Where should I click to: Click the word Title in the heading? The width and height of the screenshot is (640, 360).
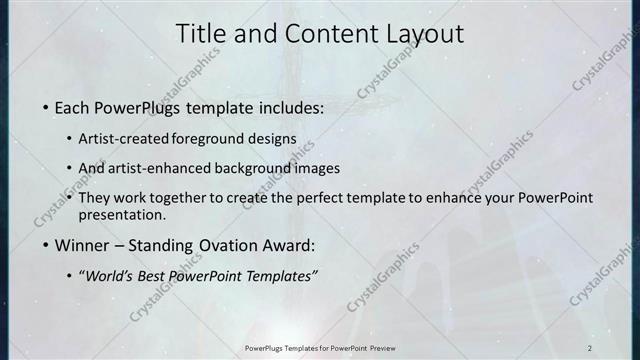pyautogui.click(x=201, y=34)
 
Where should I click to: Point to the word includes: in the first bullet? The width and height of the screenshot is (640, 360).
pyautogui.click(x=290, y=107)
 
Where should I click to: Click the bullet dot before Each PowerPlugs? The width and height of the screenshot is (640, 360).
pyautogui.click(x=46, y=108)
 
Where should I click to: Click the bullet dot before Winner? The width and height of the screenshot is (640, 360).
pyautogui.click(x=46, y=246)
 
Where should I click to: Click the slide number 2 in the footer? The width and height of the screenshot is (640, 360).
pyautogui.click(x=590, y=347)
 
